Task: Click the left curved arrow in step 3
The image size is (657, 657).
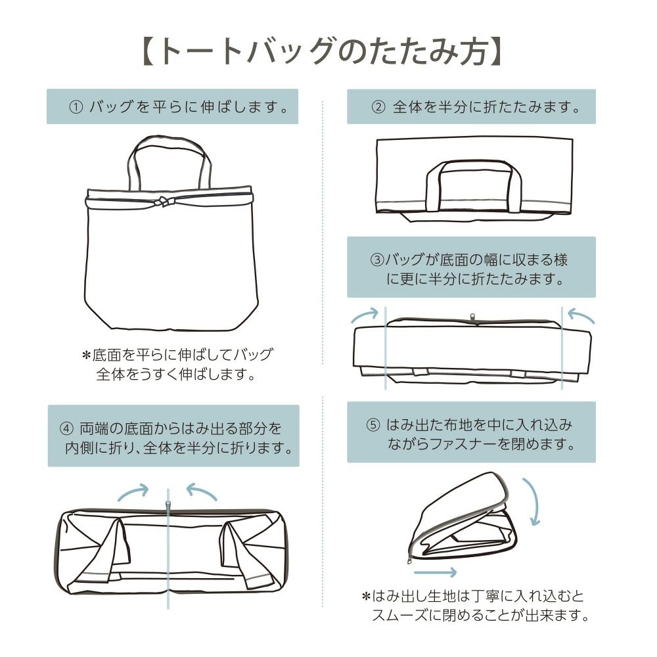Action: (x=366, y=315)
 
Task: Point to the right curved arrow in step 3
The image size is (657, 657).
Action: (x=581, y=316)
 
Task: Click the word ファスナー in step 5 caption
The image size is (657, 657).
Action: (x=460, y=445)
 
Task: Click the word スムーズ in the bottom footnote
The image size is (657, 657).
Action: (x=408, y=616)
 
